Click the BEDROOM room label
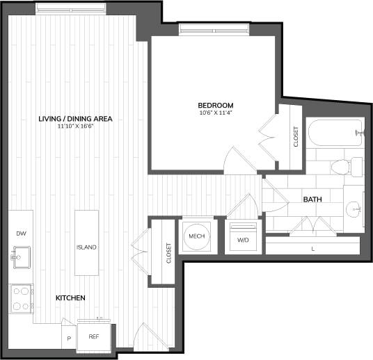point(215,105)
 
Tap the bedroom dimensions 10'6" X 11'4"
point(215,113)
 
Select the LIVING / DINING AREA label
point(75,119)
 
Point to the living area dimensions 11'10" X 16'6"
point(75,126)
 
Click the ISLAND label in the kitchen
point(87,247)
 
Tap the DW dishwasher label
point(21,234)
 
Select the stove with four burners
point(22,298)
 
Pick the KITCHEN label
point(70,298)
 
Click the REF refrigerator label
point(93,336)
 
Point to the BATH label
point(312,199)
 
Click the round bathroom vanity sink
point(354,208)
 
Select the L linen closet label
point(312,248)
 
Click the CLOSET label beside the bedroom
point(296,137)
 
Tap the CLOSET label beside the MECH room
point(168,252)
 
